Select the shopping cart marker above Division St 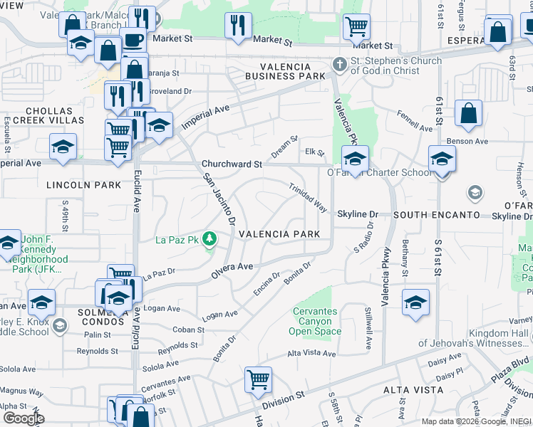(257, 379)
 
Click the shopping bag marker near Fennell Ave (468, 113)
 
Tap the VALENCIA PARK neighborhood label (285, 234)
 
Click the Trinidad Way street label (308, 199)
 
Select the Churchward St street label (232, 164)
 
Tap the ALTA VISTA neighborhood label (414, 390)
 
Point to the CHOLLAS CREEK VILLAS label (49, 116)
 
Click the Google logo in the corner (23, 418)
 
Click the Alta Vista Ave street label (311, 354)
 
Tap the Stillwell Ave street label (368, 328)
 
